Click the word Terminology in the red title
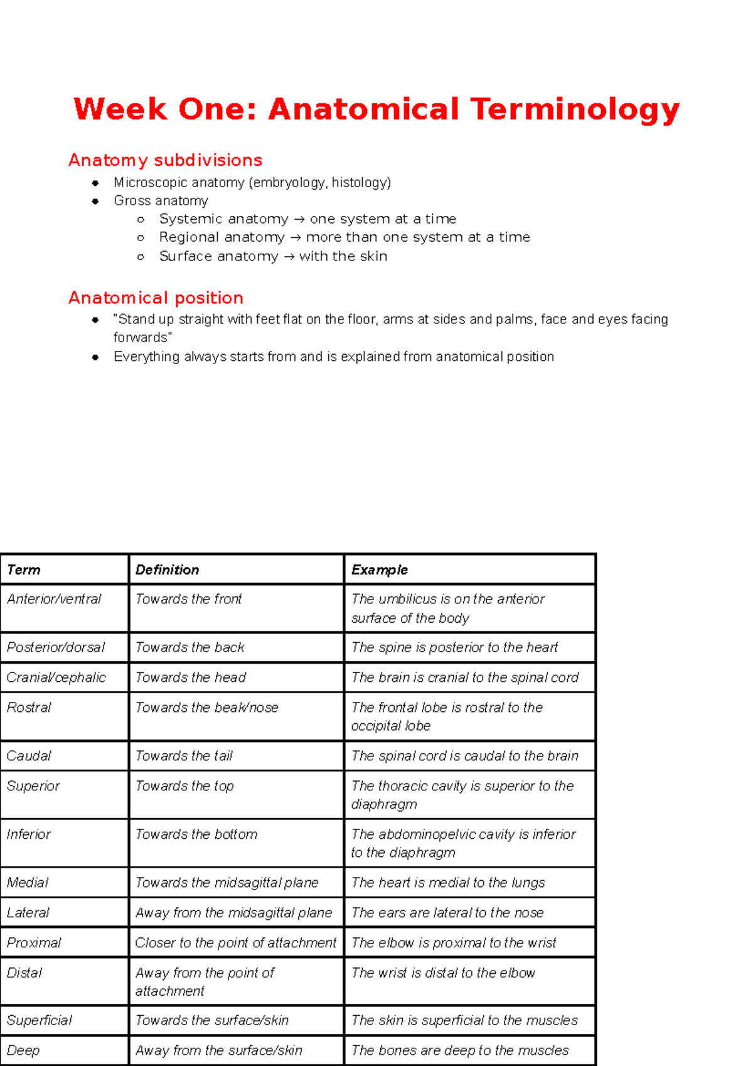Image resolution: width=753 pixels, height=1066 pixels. pos(575,110)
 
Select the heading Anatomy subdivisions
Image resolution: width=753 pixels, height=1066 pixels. pos(165,161)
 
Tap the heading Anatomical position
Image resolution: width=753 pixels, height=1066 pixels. pos(156,298)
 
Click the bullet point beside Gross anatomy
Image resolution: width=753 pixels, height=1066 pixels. pos(95,202)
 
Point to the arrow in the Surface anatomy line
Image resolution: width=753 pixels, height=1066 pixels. pos(289,257)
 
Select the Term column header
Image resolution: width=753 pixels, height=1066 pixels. pos(24,570)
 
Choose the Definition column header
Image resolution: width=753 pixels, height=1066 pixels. pos(167,570)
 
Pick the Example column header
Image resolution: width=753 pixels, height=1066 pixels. pos(379,570)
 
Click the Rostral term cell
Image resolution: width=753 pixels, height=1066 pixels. pos(29,708)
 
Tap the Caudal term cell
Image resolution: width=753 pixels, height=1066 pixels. pos(29,756)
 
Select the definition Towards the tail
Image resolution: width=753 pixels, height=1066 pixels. pos(184,756)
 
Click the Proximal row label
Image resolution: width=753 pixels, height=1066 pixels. pos(34,943)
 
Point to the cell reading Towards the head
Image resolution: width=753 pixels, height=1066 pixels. pos(191,678)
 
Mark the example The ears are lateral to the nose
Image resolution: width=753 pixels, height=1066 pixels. pos(447,913)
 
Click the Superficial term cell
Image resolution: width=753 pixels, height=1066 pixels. pos(40,1021)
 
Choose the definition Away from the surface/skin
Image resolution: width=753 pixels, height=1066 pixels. pos(218,1051)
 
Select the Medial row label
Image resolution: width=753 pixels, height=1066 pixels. pos(28,883)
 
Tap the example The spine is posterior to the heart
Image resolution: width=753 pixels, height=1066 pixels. pos(454,648)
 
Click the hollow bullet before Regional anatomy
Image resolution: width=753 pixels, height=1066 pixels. pos(141,238)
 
